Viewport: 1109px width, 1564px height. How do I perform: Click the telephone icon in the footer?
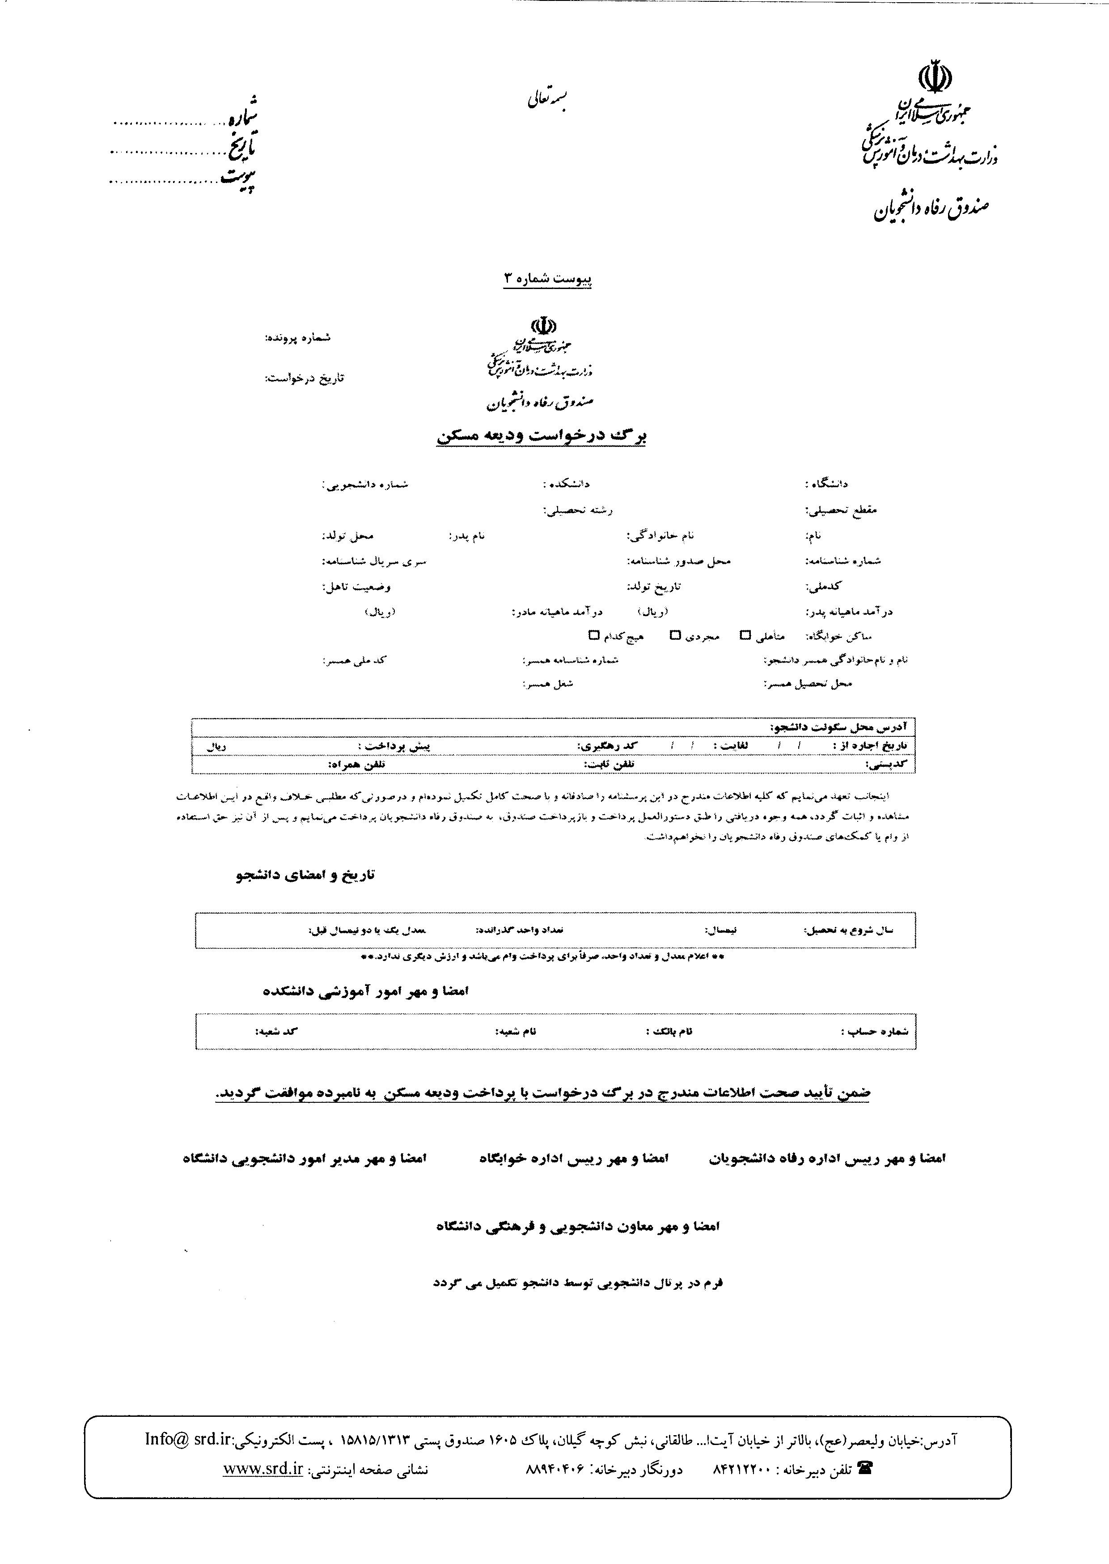[x=864, y=1468]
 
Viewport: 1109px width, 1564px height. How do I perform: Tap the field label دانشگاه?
[x=826, y=484]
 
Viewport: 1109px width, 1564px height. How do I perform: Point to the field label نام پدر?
[x=466, y=535]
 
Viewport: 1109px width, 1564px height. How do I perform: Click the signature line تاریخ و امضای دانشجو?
[x=305, y=875]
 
